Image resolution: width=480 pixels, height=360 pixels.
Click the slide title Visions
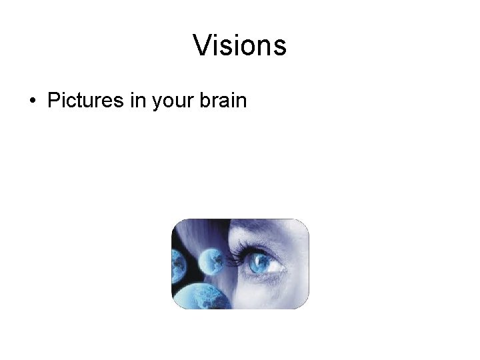tap(239, 45)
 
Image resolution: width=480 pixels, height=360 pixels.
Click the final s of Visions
tap(281, 47)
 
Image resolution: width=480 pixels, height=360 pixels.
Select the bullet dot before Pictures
tap(32, 102)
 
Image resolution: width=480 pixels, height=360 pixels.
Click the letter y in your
tap(157, 104)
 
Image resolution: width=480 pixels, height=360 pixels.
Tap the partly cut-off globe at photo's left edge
tap(178, 266)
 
